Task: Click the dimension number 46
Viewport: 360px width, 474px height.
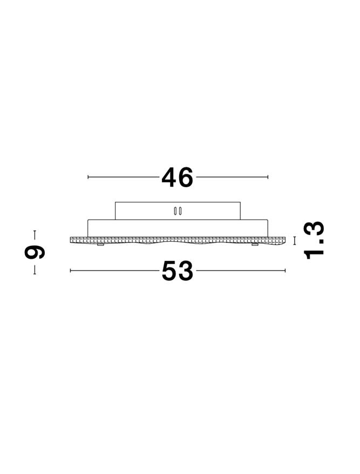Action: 177,177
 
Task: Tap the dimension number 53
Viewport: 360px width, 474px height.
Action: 177,271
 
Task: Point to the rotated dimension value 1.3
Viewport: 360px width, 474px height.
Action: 314,241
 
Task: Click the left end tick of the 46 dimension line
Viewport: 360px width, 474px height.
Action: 88,177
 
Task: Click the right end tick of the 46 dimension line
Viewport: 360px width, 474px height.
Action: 268,177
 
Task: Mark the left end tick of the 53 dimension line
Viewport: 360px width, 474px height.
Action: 71,271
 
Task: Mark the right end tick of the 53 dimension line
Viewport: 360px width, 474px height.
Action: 285,271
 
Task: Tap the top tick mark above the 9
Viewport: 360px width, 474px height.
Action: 35,235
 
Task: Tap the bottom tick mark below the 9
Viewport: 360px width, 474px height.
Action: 35,270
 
